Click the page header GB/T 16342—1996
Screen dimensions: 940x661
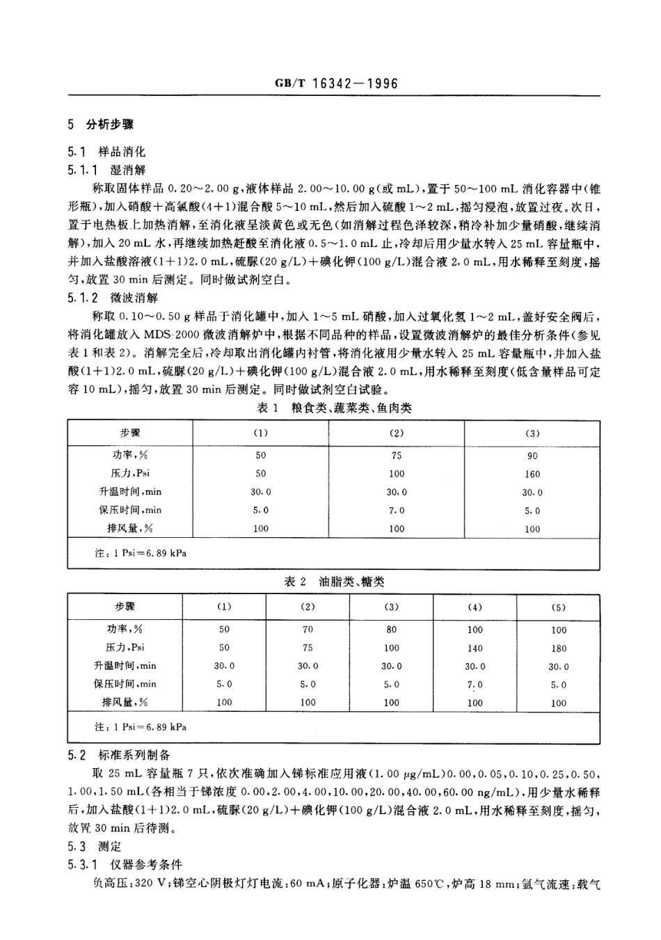click(x=336, y=84)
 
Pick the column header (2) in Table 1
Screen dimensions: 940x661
click(x=396, y=433)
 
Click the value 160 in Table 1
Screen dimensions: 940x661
click(x=532, y=474)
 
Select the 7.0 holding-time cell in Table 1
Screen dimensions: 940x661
click(x=396, y=510)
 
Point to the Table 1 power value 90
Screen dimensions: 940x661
click(x=532, y=456)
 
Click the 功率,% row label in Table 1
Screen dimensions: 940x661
click(x=129, y=456)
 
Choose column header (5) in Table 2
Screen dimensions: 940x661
click(x=558, y=607)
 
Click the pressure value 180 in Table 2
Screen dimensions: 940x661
click(x=558, y=648)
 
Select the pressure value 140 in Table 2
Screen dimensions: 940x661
click(x=475, y=648)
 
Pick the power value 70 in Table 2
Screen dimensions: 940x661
click(x=308, y=629)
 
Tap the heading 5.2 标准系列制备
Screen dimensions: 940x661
click(x=134, y=755)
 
